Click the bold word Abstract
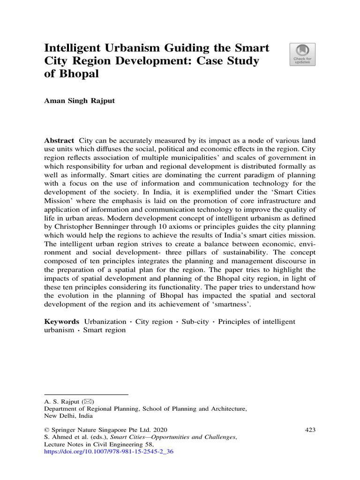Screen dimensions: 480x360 coord(59,141)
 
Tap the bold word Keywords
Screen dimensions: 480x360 coord(62,322)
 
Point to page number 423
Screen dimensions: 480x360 coord(310,429)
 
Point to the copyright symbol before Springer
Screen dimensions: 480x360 coord(47,429)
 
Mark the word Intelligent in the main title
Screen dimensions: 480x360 coord(74,48)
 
